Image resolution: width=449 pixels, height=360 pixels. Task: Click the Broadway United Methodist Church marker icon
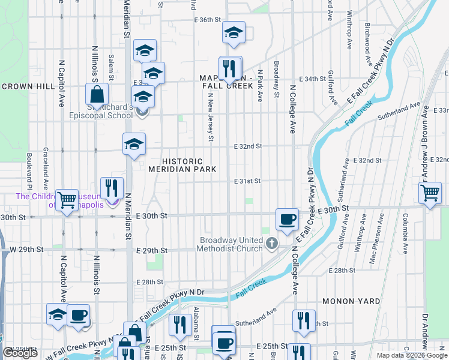click(273, 243)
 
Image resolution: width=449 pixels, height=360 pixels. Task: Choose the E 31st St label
click(247, 181)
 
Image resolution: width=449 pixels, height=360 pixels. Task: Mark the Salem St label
click(112, 66)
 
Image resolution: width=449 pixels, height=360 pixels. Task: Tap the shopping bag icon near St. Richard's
click(97, 94)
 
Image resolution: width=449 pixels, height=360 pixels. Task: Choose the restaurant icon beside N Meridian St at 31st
click(112, 188)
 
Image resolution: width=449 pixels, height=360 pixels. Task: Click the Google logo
click(20, 353)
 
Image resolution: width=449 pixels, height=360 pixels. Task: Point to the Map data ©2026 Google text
click(412, 355)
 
